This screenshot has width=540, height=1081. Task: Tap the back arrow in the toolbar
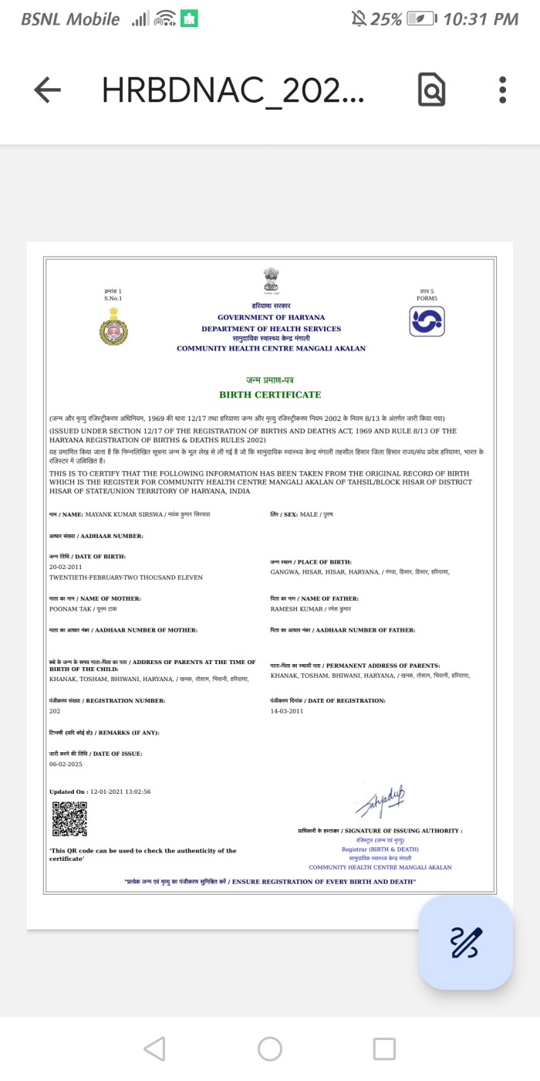pyautogui.click(x=47, y=90)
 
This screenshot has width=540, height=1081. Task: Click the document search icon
pyautogui.click(x=431, y=90)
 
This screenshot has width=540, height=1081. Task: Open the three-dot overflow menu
pyautogui.click(x=502, y=90)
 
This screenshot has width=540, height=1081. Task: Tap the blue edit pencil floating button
pyautogui.click(x=466, y=942)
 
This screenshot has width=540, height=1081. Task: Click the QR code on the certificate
pyautogui.click(x=69, y=819)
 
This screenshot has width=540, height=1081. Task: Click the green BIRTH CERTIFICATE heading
pyautogui.click(x=270, y=395)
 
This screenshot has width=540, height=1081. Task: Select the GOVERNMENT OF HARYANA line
pyautogui.click(x=271, y=317)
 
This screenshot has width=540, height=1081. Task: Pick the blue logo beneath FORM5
pyautogui.click(x=427, y=321)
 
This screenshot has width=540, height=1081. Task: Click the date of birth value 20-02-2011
pyautogui.click(x=66, y=567)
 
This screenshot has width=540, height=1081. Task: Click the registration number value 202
pyautogui.click(x=55, y=710)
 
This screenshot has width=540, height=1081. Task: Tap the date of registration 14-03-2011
pyautogui.click(x=287, y=710)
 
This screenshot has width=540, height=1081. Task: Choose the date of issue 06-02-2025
pyautogui.click(x=66, y=764)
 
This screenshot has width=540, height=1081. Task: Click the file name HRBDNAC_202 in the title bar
pyautogui.click(x=233, y=91)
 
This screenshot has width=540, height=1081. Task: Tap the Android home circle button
pyautogui.click(x=270, y=1049)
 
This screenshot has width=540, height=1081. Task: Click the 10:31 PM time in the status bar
pyautogui.click(x=481, y=19)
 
